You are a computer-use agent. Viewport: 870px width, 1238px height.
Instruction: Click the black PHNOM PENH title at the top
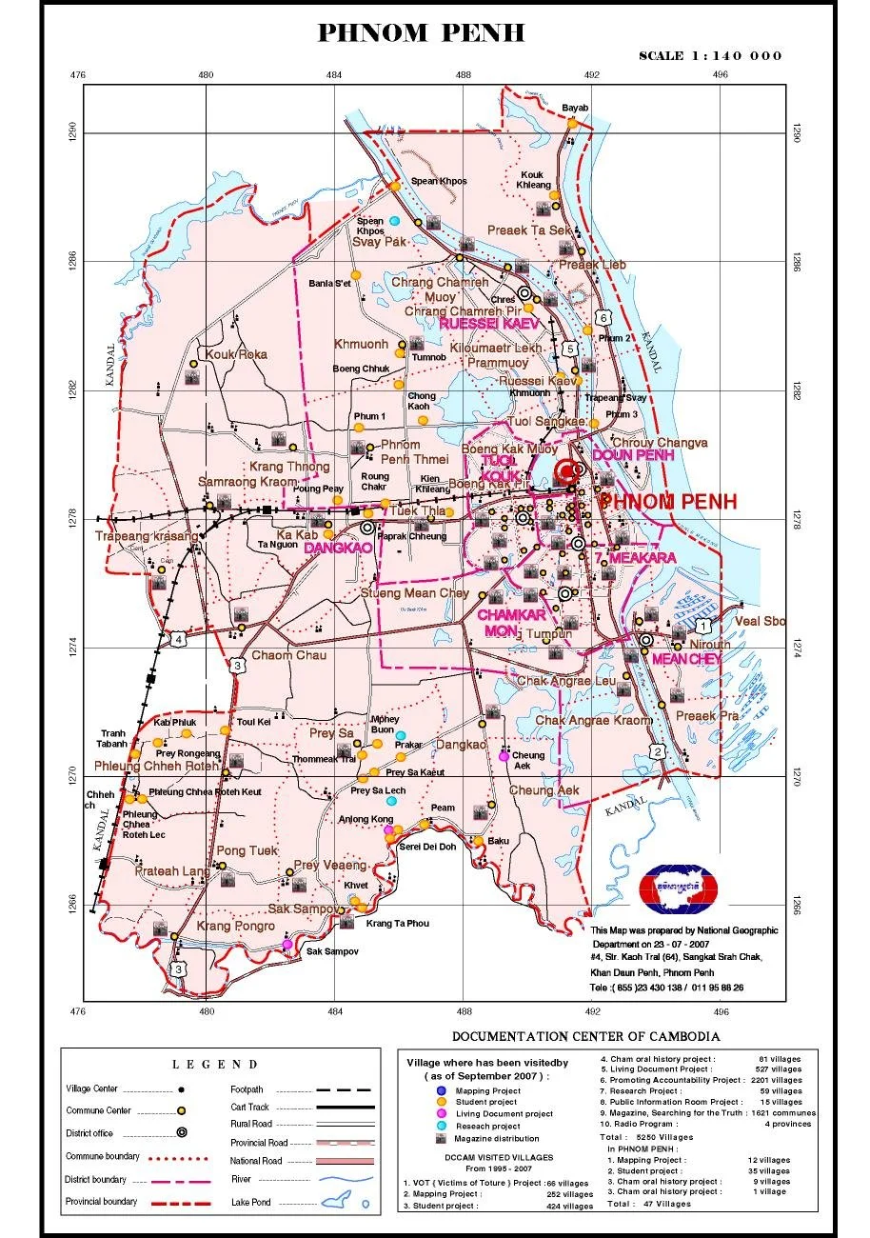pos(421,33)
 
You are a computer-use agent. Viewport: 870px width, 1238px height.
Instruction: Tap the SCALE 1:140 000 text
pos(710,55)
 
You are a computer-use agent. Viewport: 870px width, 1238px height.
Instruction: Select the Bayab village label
pos(576,108)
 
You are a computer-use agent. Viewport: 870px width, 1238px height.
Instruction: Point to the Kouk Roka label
pos(230,354)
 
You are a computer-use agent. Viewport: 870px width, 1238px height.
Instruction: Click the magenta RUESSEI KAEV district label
pos(488,324)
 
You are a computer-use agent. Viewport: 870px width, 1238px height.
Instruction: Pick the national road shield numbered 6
pos(602,317)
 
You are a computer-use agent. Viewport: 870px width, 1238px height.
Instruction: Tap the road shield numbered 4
pos(178,639)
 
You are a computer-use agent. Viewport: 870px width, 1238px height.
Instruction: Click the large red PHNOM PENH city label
pos(668,502)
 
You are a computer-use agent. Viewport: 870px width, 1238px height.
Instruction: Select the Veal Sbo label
pos(761,621)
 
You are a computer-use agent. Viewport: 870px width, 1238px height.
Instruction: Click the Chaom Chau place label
pos(288,656)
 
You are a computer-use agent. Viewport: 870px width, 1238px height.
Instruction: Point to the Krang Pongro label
pos(235,926)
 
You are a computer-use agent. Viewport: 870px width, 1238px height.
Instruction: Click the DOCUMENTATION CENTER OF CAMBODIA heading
pos(585,1037)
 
